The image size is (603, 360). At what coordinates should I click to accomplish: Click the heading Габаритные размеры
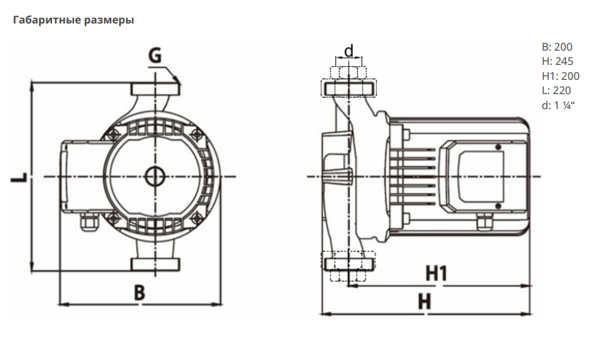click(x=73, y=20)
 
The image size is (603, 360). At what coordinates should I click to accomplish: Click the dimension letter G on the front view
click(x=156, y=54)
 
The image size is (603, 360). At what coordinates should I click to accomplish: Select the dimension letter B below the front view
click(x=140, y=292)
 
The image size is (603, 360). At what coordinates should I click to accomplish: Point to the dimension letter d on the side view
click(x=349, y=51)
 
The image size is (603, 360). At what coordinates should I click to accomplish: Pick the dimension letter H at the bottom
click(x=425, y=302)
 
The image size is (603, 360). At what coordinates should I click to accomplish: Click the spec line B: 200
click(x=557, y=48)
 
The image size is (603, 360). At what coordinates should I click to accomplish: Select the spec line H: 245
click(x=557, y=62)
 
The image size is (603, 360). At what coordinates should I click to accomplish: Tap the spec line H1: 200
click(x=560, y=76)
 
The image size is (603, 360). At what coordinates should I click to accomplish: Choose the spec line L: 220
click(x=556, y=91)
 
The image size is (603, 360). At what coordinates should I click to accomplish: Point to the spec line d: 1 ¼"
click(x=558, y=105)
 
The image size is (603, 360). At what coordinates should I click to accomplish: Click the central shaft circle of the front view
click(x=154, y=175)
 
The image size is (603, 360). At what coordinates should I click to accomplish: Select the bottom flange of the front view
click(x=154, y=265)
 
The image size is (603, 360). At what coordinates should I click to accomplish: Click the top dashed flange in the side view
click(x=349, y=88)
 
